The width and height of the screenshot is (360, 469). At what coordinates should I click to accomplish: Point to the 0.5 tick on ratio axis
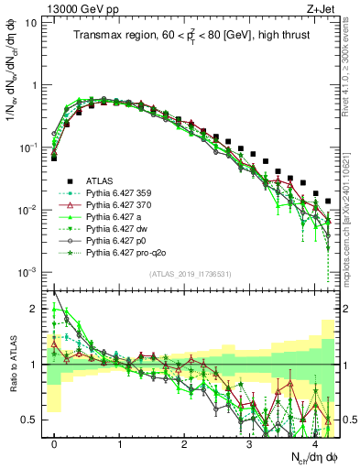tap(35, 420)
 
